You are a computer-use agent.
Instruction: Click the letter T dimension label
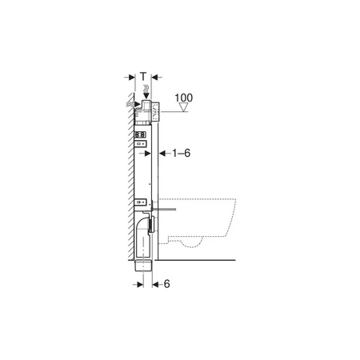click(143, 76)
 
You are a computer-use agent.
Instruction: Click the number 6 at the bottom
click(168, 283)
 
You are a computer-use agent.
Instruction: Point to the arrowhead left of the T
click(130, 78)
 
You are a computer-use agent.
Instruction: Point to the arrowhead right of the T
click(156, 78)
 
